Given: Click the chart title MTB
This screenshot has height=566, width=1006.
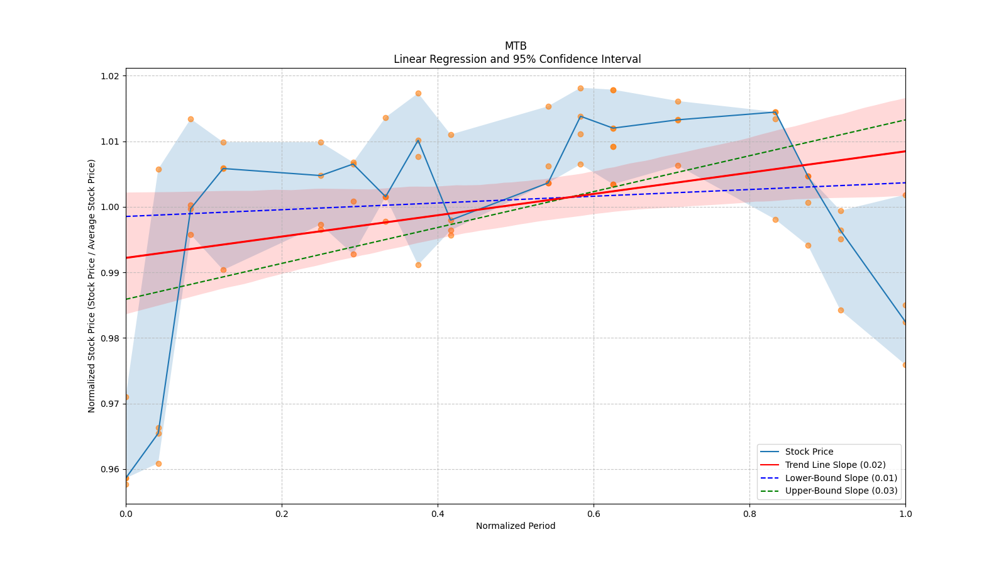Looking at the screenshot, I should [x=516, y=46].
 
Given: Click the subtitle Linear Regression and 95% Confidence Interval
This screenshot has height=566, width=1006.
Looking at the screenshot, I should [x=517, y=59].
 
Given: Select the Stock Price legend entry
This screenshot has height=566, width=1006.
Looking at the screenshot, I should [x=809, y=452].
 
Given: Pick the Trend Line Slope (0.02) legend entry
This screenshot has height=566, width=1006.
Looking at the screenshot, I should [x=835, y=465].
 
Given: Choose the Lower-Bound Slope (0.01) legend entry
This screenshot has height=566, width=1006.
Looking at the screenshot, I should [x=841, y=478].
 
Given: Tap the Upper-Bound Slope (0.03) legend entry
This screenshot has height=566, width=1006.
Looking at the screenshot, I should [x=841, y=491].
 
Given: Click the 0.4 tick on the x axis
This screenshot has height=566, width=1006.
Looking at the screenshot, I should [x=438, y=513].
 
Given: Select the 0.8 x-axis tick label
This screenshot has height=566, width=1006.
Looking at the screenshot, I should [x=749, y=513].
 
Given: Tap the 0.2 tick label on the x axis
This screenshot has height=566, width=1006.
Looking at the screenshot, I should [x=282, y=513].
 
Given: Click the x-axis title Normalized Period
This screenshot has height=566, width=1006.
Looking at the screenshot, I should [x=516, y=526].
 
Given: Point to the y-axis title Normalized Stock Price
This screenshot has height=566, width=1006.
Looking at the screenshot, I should [x=92, y=286].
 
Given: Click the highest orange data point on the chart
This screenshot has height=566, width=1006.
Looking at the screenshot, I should [x=580, y=88].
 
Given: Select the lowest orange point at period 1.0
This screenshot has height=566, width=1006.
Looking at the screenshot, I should [x=905, y=365].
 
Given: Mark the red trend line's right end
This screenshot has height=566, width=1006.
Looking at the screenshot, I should [x=905, y=151].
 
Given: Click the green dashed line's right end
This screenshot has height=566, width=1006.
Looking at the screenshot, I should [x=905, y=119].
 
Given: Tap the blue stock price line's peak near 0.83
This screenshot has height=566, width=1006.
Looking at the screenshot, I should [x=775, y=112].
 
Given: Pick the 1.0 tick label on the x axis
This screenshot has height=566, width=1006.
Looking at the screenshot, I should [x=905, y=513].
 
